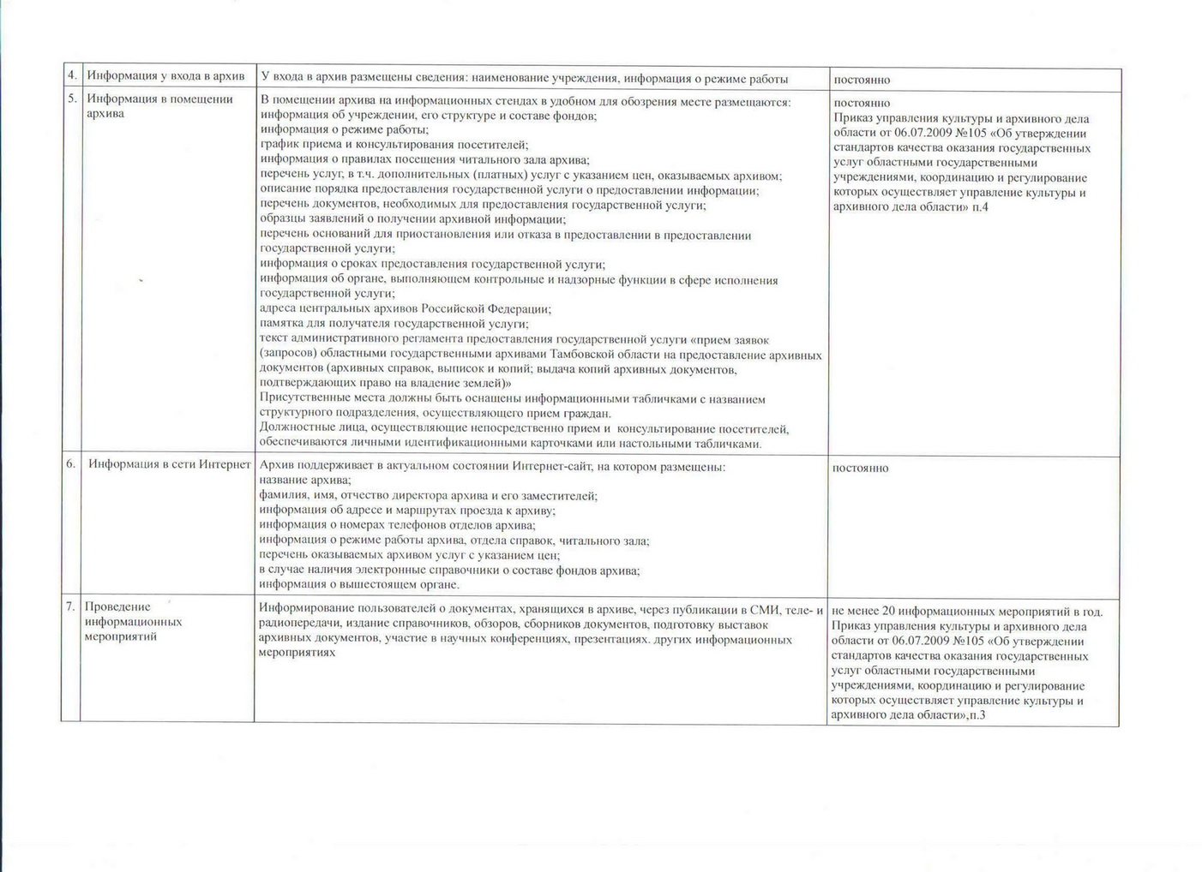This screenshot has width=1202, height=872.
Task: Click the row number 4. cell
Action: click(72, 76)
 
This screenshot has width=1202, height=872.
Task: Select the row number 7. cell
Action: click(70, 607)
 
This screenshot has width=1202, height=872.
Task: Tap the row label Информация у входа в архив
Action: click(165, 76)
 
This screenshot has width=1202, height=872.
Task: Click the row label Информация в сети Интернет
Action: click(169, 464)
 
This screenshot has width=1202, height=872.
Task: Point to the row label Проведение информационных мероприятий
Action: click(133, 622)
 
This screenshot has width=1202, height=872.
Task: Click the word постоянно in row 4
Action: click(862, 80)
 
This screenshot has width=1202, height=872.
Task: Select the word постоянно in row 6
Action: click(860, 469)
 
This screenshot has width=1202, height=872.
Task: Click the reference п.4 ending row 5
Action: click(980, 207)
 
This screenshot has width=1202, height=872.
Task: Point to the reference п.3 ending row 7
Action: click(977, 714)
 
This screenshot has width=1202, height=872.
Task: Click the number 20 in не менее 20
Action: click(888, 612)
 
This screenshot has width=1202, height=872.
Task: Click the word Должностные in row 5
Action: click(294, 428)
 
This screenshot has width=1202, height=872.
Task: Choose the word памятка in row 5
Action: click(280, 324)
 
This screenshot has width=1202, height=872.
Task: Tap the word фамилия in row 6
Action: click(282, 496)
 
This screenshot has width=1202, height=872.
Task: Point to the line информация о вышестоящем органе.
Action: click(359, 585)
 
